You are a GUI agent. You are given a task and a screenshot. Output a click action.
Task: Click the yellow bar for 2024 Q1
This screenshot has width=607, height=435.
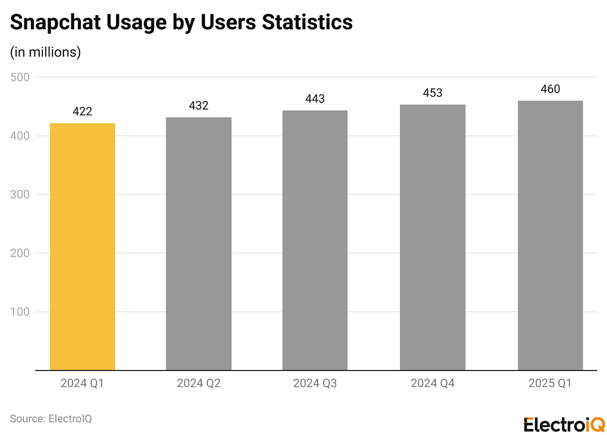coord(82,246)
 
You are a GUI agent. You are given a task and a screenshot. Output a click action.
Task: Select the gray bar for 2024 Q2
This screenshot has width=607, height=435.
coord(198,243)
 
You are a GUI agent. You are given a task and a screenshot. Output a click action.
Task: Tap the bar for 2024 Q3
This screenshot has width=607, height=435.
coord(315,240)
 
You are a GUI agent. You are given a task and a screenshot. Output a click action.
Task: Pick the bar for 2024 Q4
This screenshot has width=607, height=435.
coord(432,237)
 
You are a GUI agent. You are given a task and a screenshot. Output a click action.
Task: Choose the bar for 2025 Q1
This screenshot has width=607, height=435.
coord(550,235)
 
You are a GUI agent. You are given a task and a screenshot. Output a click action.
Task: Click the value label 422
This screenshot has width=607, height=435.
coord(82,112)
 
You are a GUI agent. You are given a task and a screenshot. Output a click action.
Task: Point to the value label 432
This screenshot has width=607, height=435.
coord(198,106)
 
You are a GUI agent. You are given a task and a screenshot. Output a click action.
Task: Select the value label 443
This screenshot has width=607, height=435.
coord(315,99)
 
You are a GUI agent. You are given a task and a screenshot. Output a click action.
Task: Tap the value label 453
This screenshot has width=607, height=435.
coord(432,93)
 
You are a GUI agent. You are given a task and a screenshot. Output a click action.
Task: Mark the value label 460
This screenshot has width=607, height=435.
coord(550,89)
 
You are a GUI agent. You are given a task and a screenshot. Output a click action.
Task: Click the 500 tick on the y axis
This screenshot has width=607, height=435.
coord(20,77)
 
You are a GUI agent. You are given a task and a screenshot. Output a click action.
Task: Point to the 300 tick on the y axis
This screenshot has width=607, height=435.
coord(20,195)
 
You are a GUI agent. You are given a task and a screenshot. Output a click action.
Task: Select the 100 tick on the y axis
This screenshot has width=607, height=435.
coord(20,312)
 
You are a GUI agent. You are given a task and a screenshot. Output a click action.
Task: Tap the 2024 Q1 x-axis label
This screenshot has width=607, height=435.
coord(82,383)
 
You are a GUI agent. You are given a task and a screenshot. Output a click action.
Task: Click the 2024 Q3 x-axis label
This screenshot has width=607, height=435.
coord(315,383)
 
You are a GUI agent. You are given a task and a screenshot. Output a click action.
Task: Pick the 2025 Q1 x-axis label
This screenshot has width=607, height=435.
coord(550,383)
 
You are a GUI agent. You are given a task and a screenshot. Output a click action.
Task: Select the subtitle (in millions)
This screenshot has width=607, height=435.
coord(46,52)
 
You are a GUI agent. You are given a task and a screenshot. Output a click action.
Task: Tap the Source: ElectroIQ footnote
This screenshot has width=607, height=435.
coord(51,419)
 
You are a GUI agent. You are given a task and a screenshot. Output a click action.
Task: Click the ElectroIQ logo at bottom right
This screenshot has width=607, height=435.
coord(564,424)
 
